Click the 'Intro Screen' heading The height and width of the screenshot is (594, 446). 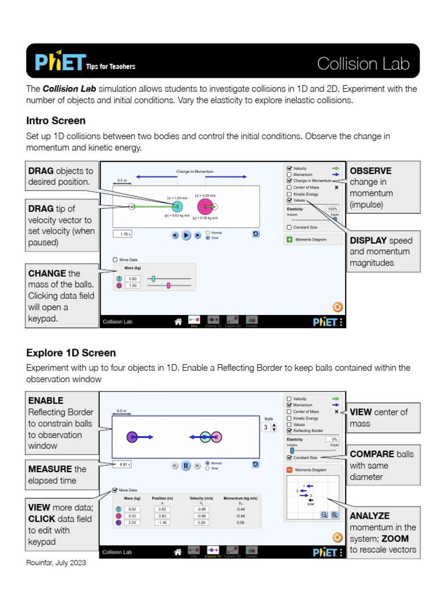pos(56,121)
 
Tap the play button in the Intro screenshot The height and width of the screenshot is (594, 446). pos(186,235)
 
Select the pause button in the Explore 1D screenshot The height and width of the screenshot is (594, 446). pos(186,465)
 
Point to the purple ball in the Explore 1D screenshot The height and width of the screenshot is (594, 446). pos(132,437)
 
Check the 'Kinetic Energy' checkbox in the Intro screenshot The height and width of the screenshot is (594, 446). pos(289,194)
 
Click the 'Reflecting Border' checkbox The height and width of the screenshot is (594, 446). pos(289,431)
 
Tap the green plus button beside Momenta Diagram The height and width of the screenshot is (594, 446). pos(289,240)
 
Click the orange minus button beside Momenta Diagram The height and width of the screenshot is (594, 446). pos(289,470)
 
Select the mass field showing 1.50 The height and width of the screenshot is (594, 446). pos(132,285)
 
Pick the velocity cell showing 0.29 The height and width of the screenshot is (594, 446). pos(201,523)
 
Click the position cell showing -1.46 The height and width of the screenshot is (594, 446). pos(162,523)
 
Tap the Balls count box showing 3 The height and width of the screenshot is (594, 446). pos(265,428)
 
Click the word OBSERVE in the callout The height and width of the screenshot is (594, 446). pos(371,171)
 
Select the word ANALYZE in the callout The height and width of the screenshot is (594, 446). pos(369,516)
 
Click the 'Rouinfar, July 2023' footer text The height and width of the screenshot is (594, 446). pos(56,563)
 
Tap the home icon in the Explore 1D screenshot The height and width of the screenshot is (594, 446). pos(178,552)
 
